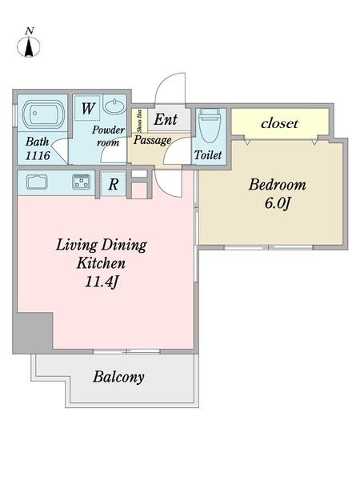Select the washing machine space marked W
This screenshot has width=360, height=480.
87,108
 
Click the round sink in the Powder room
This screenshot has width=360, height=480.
114,106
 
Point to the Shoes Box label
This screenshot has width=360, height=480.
140,122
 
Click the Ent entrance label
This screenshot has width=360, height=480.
166,119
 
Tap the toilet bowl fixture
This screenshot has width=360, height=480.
210,126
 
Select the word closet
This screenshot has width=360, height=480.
279,123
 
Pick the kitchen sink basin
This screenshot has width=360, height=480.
37,182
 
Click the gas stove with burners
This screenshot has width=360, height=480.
82,182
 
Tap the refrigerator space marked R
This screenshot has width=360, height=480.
113,184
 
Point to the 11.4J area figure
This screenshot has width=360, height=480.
102,282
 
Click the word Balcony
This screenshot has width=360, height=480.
118,377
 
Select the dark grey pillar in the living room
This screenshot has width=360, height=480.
33,333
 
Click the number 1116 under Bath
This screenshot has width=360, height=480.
38,156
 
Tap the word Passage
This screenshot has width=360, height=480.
153,140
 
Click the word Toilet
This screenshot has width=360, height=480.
208,155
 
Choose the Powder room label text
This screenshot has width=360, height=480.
108,136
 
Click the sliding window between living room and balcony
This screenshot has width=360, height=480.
126,351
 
